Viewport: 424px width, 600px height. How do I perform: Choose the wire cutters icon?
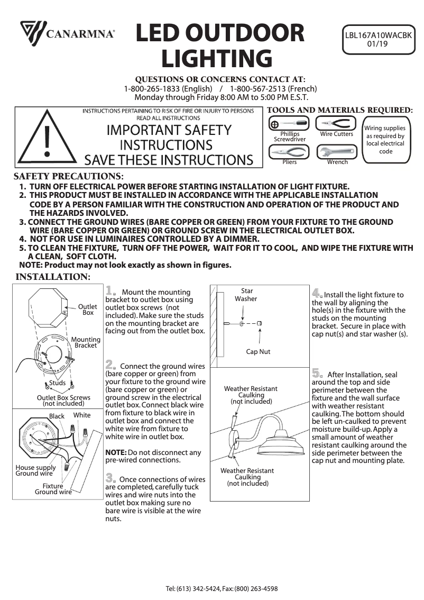(x=336, y=124)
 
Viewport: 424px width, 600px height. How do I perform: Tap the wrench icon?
(x=337, y=152)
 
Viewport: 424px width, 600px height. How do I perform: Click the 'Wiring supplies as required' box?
(x=385, y=140)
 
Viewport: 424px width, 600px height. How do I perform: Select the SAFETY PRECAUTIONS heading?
(x=69, y=176)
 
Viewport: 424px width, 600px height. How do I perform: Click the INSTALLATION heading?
(x=53, y=277)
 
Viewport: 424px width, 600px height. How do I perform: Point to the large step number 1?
(x=111, y=291)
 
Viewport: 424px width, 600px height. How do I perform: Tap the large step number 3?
(x=111, y=478)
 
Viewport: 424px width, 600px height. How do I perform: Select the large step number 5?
(x=318, y=374)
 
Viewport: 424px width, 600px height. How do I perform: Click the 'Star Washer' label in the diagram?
(x=246, y=295)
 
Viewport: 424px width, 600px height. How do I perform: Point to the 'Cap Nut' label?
(x=258, y=351)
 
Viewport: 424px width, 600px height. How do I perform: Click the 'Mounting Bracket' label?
(x=86, y=342)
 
